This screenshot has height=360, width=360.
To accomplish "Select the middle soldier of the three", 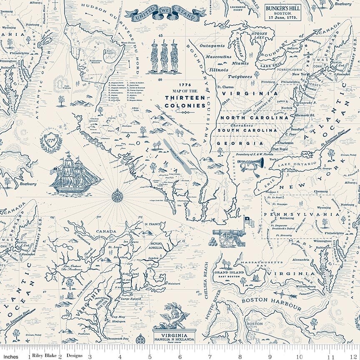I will point(164,58).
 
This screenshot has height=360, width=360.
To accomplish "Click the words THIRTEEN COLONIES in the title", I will point(185,101).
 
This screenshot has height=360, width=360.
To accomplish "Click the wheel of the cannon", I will point(227,238).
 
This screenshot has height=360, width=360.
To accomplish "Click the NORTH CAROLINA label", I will point(250,117).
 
